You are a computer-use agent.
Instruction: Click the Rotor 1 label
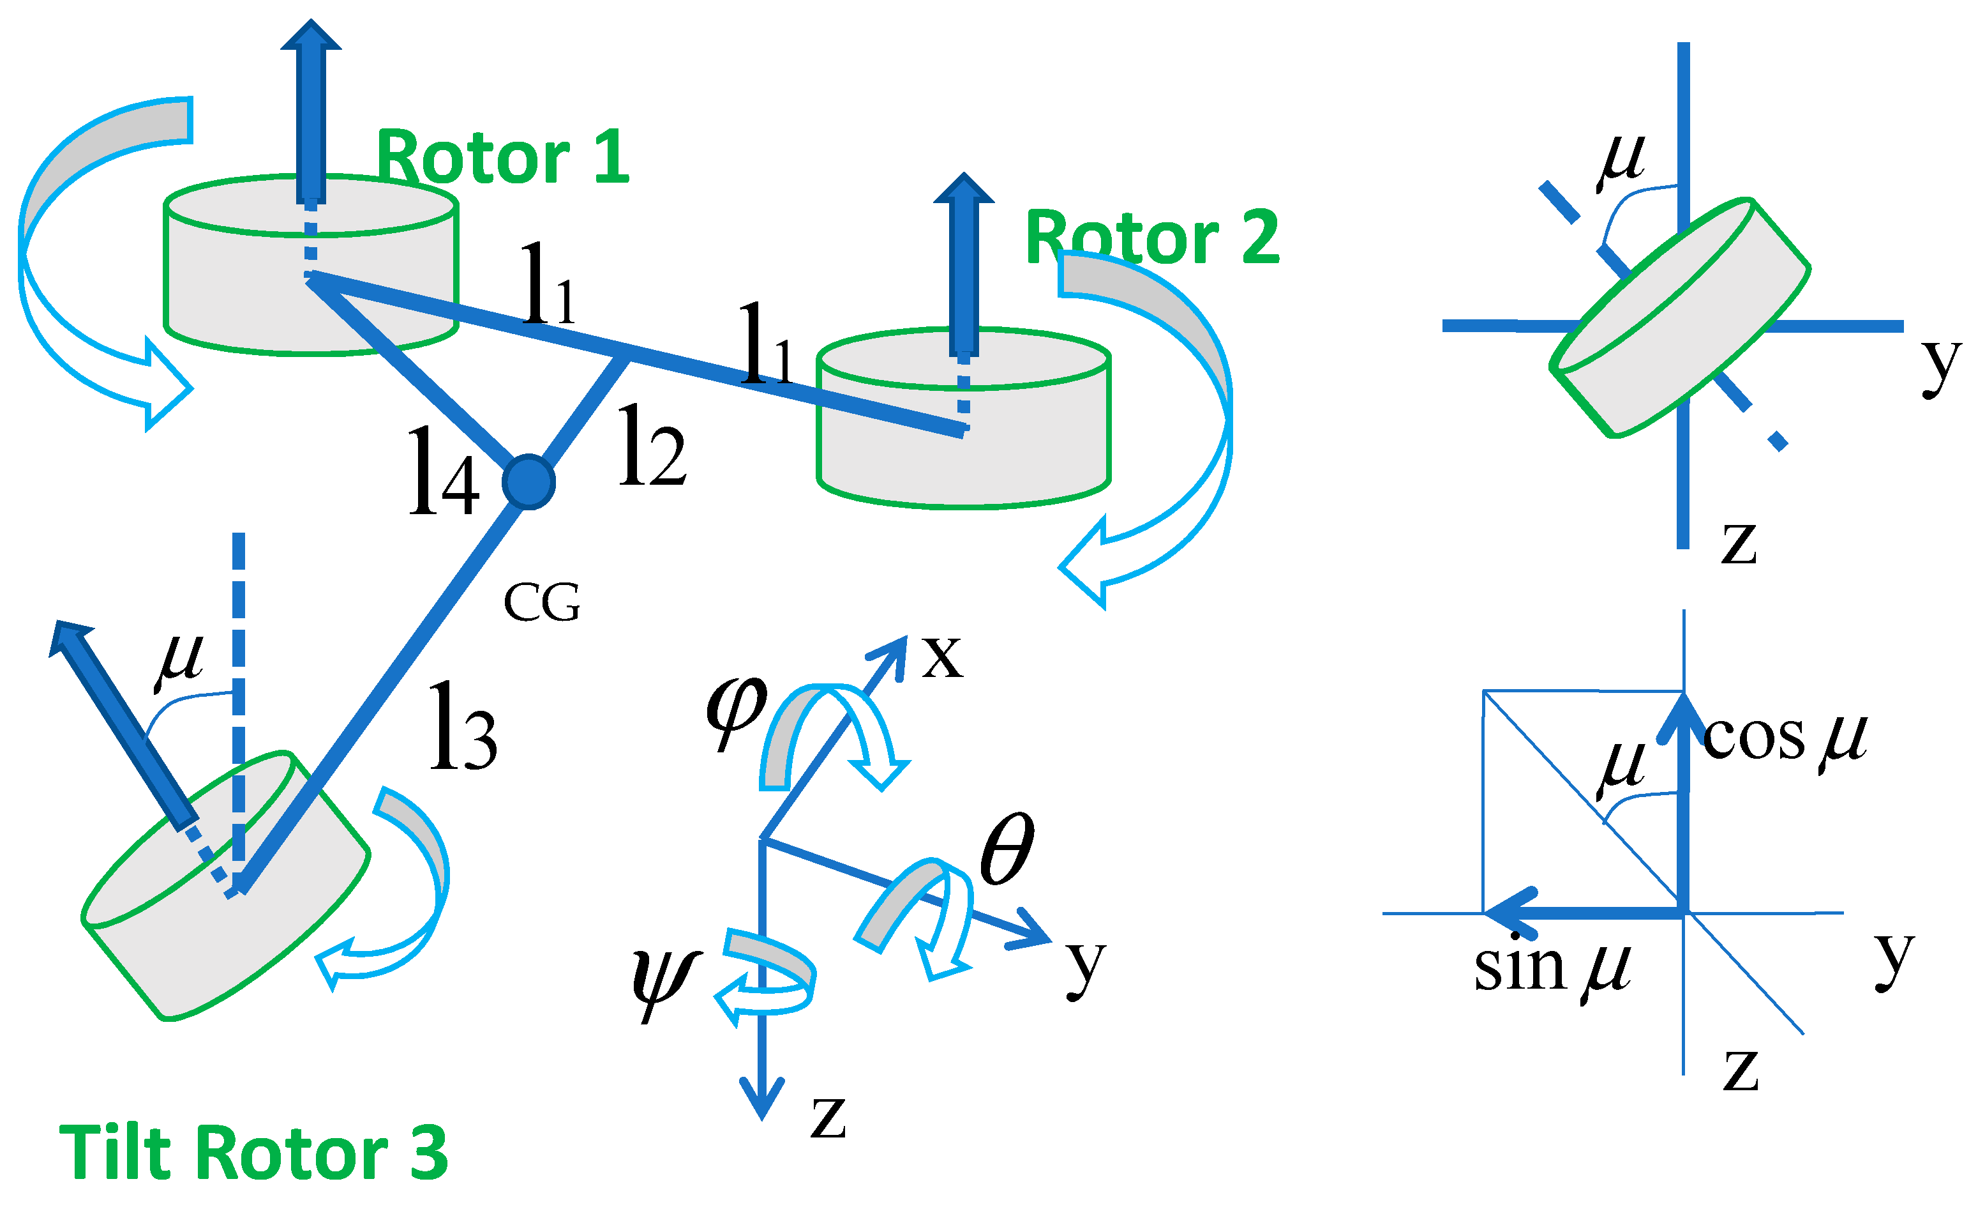coord(503,157)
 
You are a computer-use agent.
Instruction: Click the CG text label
coord(541,603)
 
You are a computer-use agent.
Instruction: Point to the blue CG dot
coord(528,482)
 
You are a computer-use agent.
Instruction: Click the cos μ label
coord(1785,738)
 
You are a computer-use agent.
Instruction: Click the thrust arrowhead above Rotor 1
coord(311,36)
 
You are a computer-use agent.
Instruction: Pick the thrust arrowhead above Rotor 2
coord(964,190)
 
